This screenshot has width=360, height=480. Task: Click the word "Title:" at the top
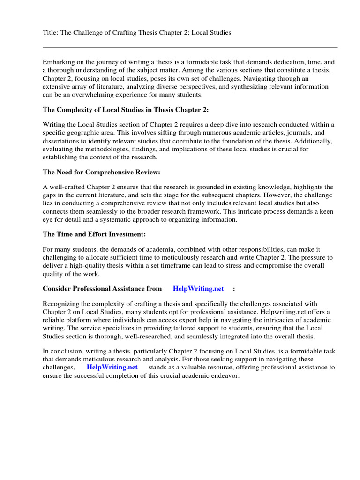(x=51, y=33)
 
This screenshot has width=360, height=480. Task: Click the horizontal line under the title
(x=190, y=47)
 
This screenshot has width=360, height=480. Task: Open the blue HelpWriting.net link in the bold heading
(x=198, y=288)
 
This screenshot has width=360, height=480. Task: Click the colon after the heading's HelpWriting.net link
(x=233, y=288)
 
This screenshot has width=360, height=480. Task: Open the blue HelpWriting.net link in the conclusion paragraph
(x=112, y=367)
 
